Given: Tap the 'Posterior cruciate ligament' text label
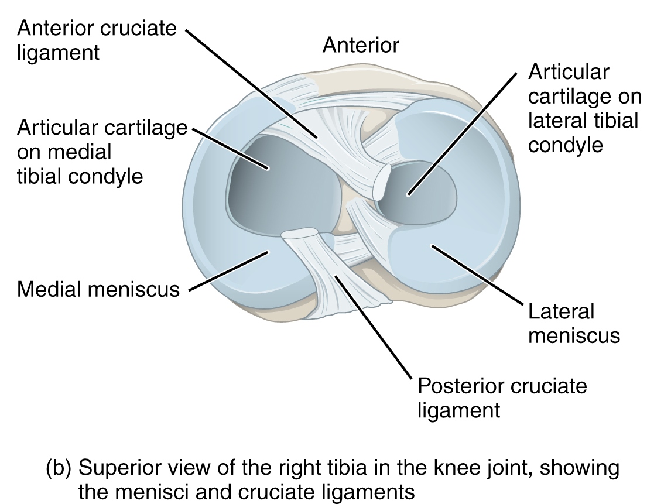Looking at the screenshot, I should [x=502, y=397].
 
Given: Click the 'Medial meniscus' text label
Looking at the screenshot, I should [x=98, y=289].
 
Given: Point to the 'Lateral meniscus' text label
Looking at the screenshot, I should [x=573, y=323].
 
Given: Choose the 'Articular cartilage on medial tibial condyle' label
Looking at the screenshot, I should [x=102, y=152].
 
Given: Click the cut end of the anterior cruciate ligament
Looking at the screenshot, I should [x=382, y=182].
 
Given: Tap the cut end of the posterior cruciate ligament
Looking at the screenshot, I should [x=300, y=235].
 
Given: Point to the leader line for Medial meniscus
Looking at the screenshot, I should [x=228, y=270].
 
